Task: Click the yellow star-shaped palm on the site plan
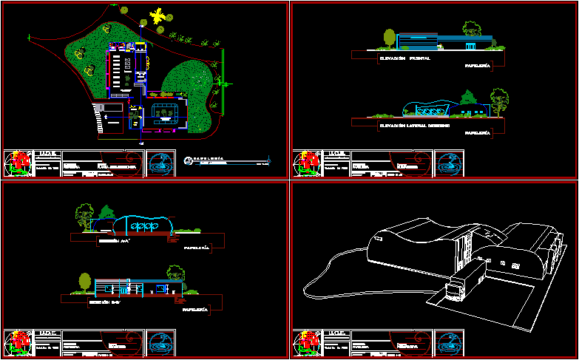coord(157,16)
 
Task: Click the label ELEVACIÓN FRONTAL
coord(404,57)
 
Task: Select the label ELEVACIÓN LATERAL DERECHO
coord(415,125)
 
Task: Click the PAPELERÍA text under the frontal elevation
coord(477,66)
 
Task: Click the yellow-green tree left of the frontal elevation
coord(389,37)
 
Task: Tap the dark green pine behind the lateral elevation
coord(467,97)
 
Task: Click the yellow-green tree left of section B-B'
coord(85,282)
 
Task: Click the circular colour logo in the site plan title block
coord(19,163)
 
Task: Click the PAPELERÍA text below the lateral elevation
coord(477,134)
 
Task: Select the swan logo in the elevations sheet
coord(448,163)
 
